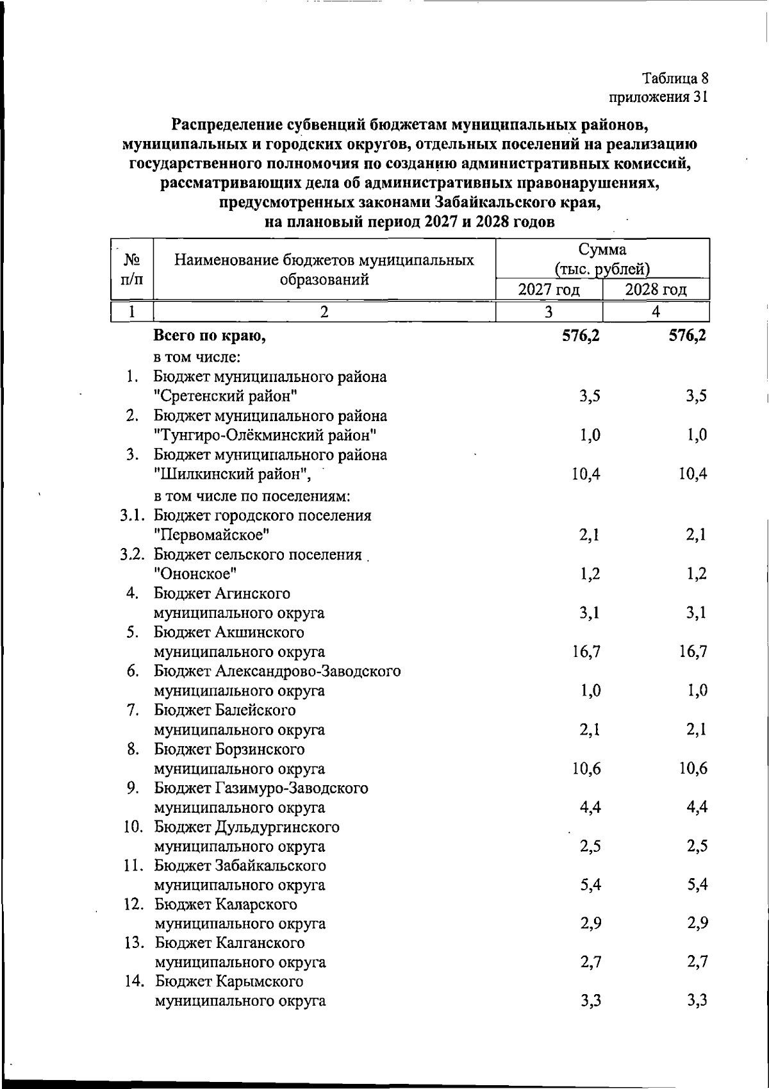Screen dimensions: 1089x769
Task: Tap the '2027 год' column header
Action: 549,290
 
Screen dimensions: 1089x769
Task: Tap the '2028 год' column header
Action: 656,290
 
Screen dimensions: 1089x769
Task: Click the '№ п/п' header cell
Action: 132,269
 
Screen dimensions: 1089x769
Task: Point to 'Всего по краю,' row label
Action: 210,335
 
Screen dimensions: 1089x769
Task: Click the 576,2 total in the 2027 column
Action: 581,335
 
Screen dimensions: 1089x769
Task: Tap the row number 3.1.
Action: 133,515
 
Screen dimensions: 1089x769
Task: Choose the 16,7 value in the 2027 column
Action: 586,652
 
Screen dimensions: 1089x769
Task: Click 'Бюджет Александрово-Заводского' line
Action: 277,671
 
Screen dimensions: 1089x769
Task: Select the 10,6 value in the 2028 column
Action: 693,769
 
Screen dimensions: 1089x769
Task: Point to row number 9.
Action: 133,788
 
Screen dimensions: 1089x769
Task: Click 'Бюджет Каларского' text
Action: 226,904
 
